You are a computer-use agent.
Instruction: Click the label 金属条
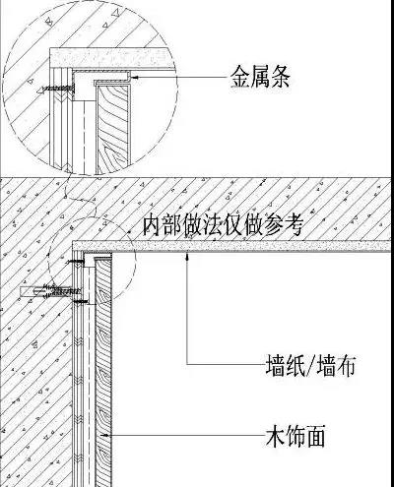(260, 77)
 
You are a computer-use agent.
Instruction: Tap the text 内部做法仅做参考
(223, 224)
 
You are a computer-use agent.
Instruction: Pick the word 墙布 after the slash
(336, 364)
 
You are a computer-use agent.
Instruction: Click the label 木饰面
(295, 436)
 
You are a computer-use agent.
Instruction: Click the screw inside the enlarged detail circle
(56, 89)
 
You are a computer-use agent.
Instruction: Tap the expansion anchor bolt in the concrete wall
(50, 291)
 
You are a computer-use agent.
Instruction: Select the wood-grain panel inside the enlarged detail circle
(113, 129)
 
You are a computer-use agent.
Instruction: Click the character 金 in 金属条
(239, 77)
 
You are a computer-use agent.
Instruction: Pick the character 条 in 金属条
(281, 77)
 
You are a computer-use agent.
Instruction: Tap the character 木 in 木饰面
(275, 436)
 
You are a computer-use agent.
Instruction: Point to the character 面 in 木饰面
(316, 436)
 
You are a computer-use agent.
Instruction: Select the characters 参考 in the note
(284, 224)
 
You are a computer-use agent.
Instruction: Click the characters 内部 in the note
(163, 224)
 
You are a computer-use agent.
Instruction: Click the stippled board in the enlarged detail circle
(111, 58)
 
